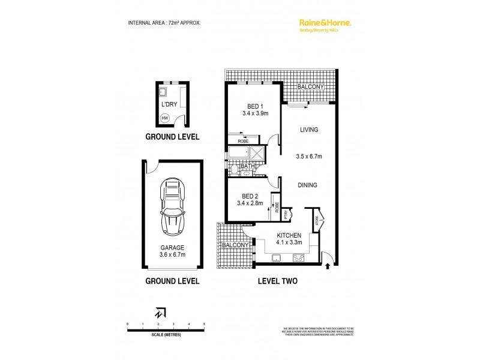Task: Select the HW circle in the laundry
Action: click(165, 118)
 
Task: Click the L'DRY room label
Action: click(169, 104)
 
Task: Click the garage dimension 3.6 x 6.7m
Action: click(172, 254)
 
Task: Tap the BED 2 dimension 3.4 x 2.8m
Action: click(251, 203)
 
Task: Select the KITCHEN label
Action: click(289, 235)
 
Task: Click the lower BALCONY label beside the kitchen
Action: click(235, 246)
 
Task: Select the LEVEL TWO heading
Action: click(277, 281)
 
